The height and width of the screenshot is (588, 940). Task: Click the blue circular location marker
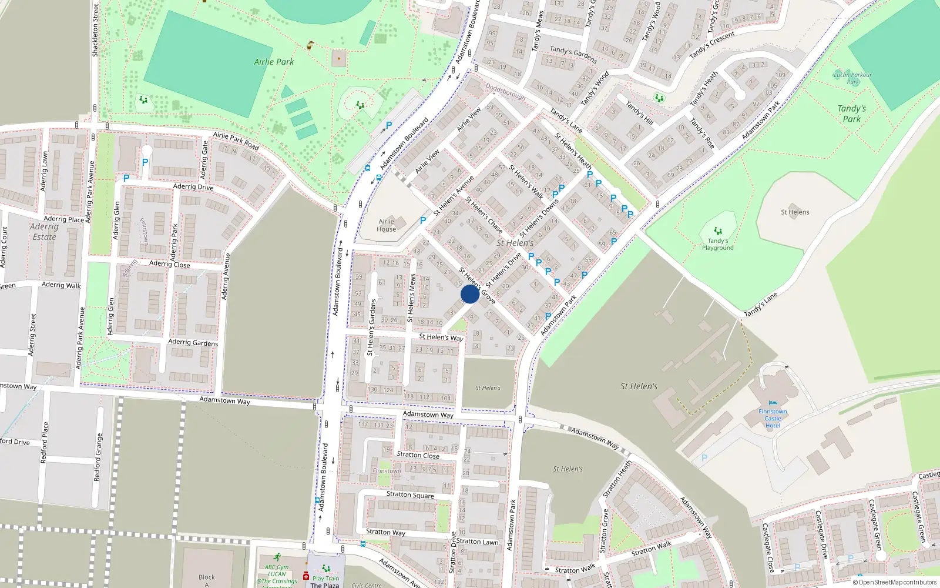[x=469, y=294]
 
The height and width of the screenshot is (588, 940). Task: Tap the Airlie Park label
[x=274, y=62]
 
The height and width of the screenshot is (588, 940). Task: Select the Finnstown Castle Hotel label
[x=773, y=418]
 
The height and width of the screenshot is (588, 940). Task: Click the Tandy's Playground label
[x=717, y=244]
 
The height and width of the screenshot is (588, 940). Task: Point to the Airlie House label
[x=386, y=225]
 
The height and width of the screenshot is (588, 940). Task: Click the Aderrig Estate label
[x=44, y=232]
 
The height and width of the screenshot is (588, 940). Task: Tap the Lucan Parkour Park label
[x=852, y=78]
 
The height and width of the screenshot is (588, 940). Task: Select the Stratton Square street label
[x=410, y=495]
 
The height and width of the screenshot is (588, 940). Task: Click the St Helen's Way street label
[x=441, y=337]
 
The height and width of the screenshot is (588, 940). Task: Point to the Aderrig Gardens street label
[x=193, y=342]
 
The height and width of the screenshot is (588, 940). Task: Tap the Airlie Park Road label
[x=236, y=141]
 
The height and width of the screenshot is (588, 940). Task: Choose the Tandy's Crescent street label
[x=712, y=45]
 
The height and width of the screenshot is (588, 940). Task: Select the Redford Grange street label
[x=98, y=457]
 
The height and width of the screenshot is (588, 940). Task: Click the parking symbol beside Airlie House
[x=423, y=220]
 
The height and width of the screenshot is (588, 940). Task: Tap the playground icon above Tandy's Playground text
[x=717, y=231]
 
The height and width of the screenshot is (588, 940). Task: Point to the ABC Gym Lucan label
[x=277, y=571]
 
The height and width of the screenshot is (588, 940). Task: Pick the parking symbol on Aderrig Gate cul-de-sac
[x=145, y=162]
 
